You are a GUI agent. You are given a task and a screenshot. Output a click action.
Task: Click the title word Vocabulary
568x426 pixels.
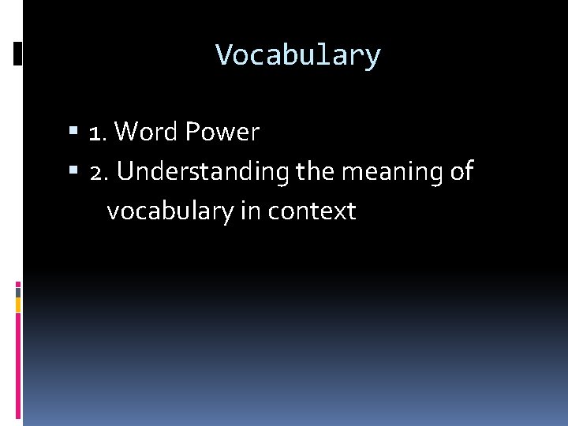coord(298,55)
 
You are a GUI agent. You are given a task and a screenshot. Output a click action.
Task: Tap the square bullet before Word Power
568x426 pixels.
coord(73,132)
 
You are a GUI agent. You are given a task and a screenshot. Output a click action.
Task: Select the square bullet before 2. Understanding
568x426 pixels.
coord(73,171)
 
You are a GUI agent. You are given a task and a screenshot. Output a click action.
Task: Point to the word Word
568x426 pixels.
coord(146,133)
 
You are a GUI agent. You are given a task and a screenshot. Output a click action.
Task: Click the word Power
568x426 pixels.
coord(222,133)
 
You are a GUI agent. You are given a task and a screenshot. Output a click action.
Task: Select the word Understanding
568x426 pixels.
coord(203,172)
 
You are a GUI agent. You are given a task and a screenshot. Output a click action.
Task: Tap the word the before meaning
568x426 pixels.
coord(314,172)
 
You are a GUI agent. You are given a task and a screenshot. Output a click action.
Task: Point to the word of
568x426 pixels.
coord(461,172)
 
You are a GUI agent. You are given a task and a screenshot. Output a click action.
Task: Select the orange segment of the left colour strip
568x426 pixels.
coord(18,305)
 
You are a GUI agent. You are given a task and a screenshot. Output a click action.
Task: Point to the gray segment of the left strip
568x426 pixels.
coord(18,292)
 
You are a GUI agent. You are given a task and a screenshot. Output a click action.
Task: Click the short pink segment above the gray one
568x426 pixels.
coord(18,283)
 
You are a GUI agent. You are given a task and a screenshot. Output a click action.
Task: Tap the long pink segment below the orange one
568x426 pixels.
coord(18,363)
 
